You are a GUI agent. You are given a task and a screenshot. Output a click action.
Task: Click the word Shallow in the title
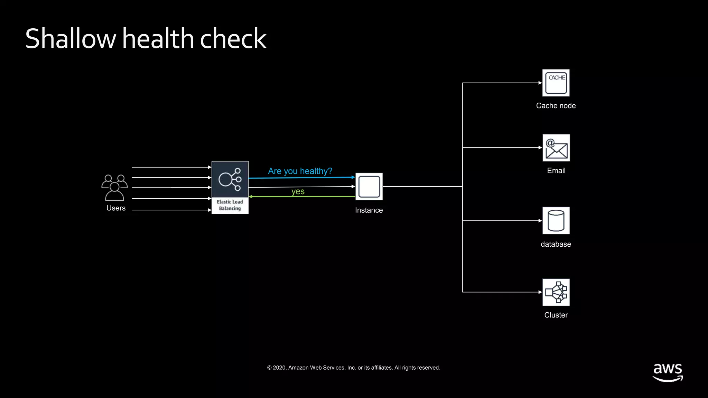click(x=71, y=38)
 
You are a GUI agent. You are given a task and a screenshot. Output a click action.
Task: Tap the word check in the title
click(x=233, y=38)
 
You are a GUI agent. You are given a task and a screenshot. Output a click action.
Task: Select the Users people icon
click(x=114, y=188)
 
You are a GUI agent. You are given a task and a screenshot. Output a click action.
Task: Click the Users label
click(x=116, y=208)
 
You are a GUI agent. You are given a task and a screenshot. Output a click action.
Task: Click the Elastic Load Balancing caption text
click(x=230, y=205)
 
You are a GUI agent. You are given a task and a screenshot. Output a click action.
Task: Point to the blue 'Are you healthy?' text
click(x=300, y=171)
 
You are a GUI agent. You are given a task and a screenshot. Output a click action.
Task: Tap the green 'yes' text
click(x=298, y=191)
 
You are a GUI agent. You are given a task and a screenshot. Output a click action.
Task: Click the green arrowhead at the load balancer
click(x=251, y=197)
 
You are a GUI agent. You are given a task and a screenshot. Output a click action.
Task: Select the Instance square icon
click(x=369, y=187)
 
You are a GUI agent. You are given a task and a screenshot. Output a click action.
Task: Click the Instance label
click(x=369, y=210)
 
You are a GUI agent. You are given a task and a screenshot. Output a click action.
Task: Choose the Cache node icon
click(x=556, y=83)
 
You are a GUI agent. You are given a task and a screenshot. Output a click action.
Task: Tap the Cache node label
click(x=556, y=106)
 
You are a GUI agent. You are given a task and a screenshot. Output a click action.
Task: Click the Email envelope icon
click(x=556, y=148)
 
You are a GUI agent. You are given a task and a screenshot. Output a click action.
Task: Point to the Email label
click(x=556, y=171)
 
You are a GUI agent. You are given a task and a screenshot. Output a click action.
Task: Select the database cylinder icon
click(x=556, y=221)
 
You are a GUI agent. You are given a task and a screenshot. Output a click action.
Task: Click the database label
click(x=556, y=244)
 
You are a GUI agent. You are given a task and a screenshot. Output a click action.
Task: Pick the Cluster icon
click(x=556, y=292)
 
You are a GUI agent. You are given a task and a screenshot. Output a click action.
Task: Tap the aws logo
click(x=668, y=372)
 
